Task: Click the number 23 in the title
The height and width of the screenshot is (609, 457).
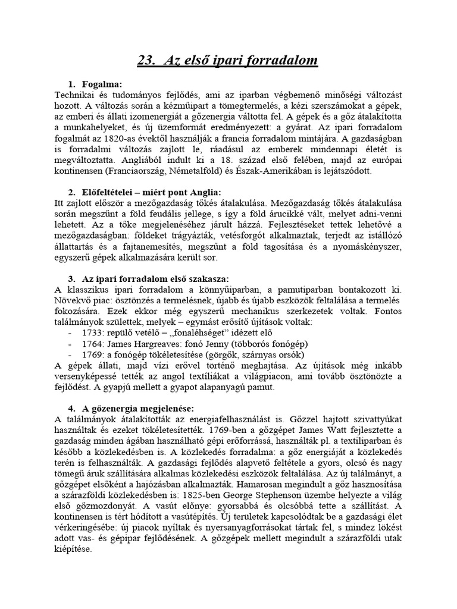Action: [x=146, y=60]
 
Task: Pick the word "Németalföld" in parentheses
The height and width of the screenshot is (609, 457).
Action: [x=231, y=170]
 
